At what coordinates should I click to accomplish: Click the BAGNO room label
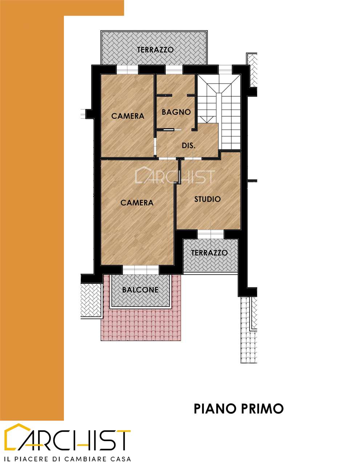click(x=176, y=112)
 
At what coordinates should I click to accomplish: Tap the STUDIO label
click(x=207, y=199)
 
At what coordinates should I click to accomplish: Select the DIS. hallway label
click(x=189, y=146)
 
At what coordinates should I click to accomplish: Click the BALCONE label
click(x=140, y=290)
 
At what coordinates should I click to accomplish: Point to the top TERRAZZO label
click(x=155, y=50)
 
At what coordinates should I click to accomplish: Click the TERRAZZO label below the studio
click(x=209, y=253)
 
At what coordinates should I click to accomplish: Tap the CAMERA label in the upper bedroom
click(x=128, y=116)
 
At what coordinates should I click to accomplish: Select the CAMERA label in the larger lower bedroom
click(x=137, y=203)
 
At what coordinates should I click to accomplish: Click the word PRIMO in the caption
click(x=262, y=408)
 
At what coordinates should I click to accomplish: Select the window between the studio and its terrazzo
click(x=210, y=234)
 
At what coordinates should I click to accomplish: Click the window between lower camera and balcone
click(x=141, y=270)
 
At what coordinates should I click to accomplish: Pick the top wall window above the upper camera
click(x=128, y=69)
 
